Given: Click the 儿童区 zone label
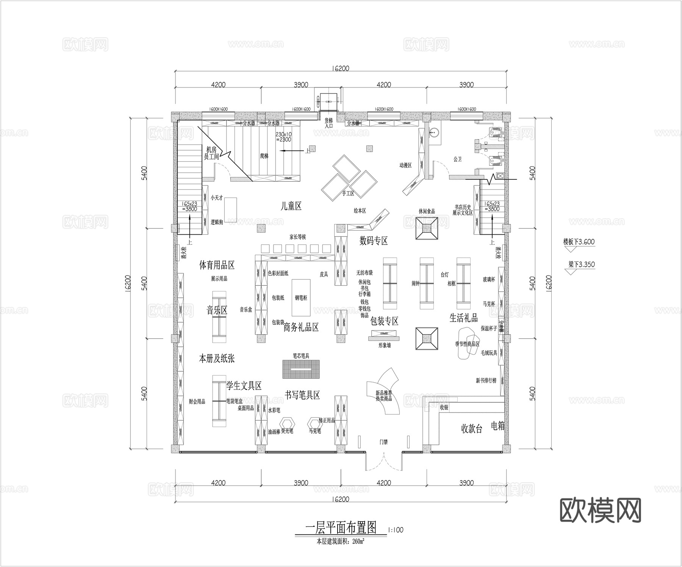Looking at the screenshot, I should click(x=291, y=206).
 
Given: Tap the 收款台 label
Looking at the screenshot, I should click(x=471, y=429).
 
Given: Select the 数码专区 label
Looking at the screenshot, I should click(x=374, y=241).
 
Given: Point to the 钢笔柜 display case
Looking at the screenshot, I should click(x=301, y=298).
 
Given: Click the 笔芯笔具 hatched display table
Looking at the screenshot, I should click(x=301, y=369).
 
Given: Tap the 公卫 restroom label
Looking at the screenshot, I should click(x=458, y=159).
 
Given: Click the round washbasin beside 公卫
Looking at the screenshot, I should click(x=435, y=132).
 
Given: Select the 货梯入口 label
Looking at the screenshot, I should click(x=328, y=123).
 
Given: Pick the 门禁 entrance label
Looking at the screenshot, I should click(x=383, y=442).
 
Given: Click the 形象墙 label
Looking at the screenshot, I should click(x=384, y=345).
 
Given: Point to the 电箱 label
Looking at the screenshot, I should click(x=498, y=426).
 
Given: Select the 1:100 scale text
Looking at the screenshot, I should click(x=396, y=530).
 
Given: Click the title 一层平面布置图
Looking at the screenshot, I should click(x=341, y=527).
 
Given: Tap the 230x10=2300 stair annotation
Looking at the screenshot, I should click(x=283, y=137).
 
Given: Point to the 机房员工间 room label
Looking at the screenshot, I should click(x=211, y=153).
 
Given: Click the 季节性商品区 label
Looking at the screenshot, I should click(x=467, y=344).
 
